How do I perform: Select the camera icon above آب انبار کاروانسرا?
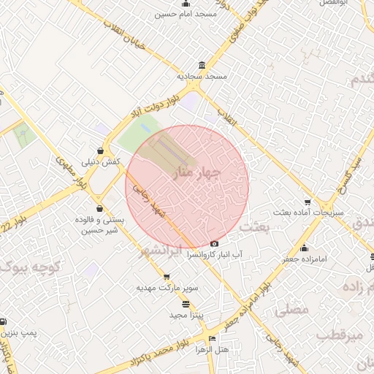click(x=214, y=244)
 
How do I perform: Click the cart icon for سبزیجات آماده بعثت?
click(x=308, y=202)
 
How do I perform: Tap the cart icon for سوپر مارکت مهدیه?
click(x=167, y=277)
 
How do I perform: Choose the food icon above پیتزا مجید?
click(x=186, y=303)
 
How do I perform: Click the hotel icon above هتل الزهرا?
click(x=213, y=338)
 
